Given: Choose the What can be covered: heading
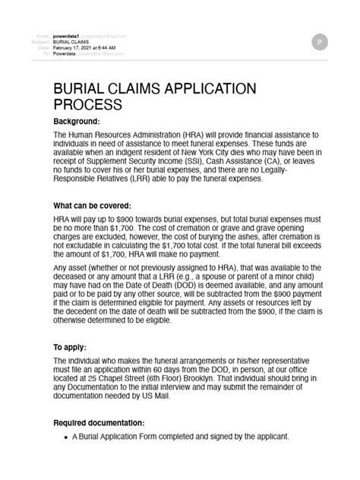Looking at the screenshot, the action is click(93, 206).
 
